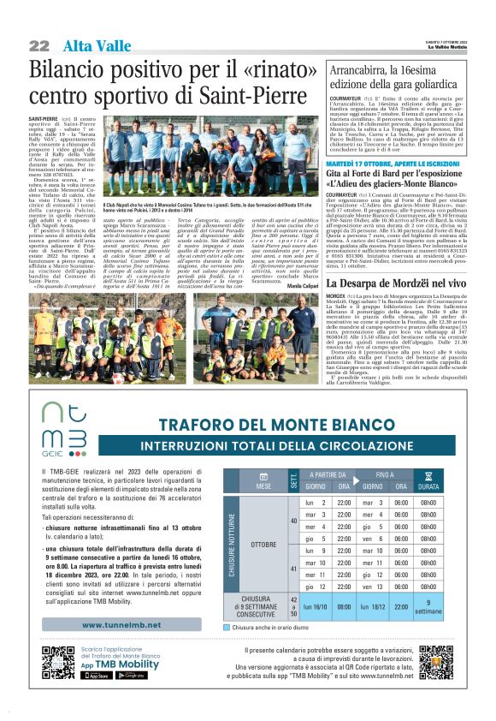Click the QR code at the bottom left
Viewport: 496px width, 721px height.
pyautogui.click(x=57, y=662)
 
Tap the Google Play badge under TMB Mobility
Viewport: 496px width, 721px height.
pyautogui.click(x=130, y=675)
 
